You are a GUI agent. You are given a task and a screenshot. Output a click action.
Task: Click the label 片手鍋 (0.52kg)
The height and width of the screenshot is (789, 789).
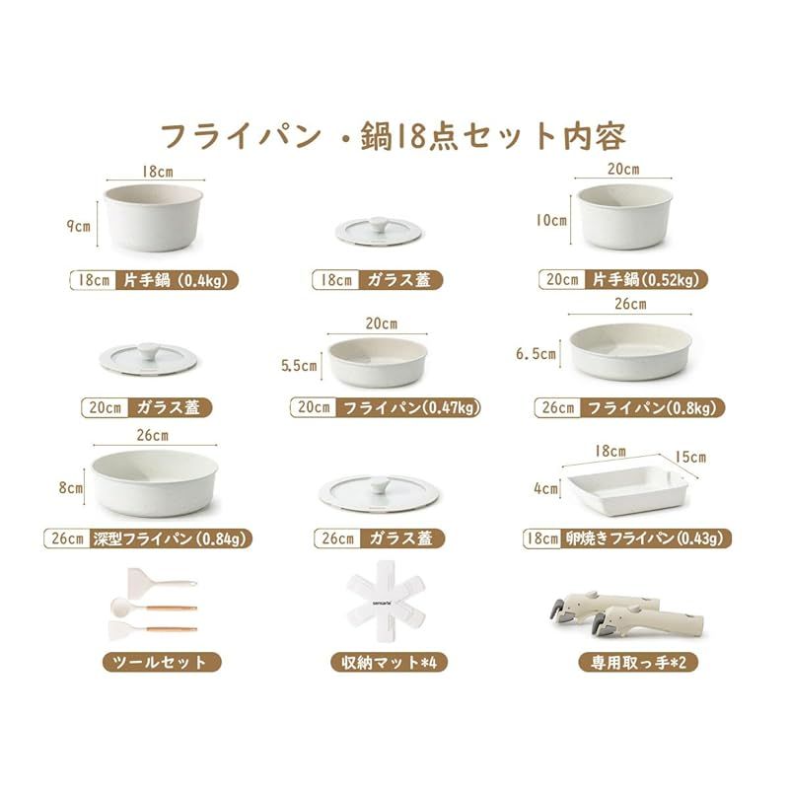tap(643, 279)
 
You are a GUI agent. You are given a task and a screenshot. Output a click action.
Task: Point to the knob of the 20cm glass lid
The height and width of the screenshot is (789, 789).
tap(149, 351)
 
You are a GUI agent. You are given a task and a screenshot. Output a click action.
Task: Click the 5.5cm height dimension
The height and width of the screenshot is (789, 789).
tap(300, 366)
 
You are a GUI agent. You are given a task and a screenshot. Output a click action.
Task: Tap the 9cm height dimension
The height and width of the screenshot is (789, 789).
tap(77, 225)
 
